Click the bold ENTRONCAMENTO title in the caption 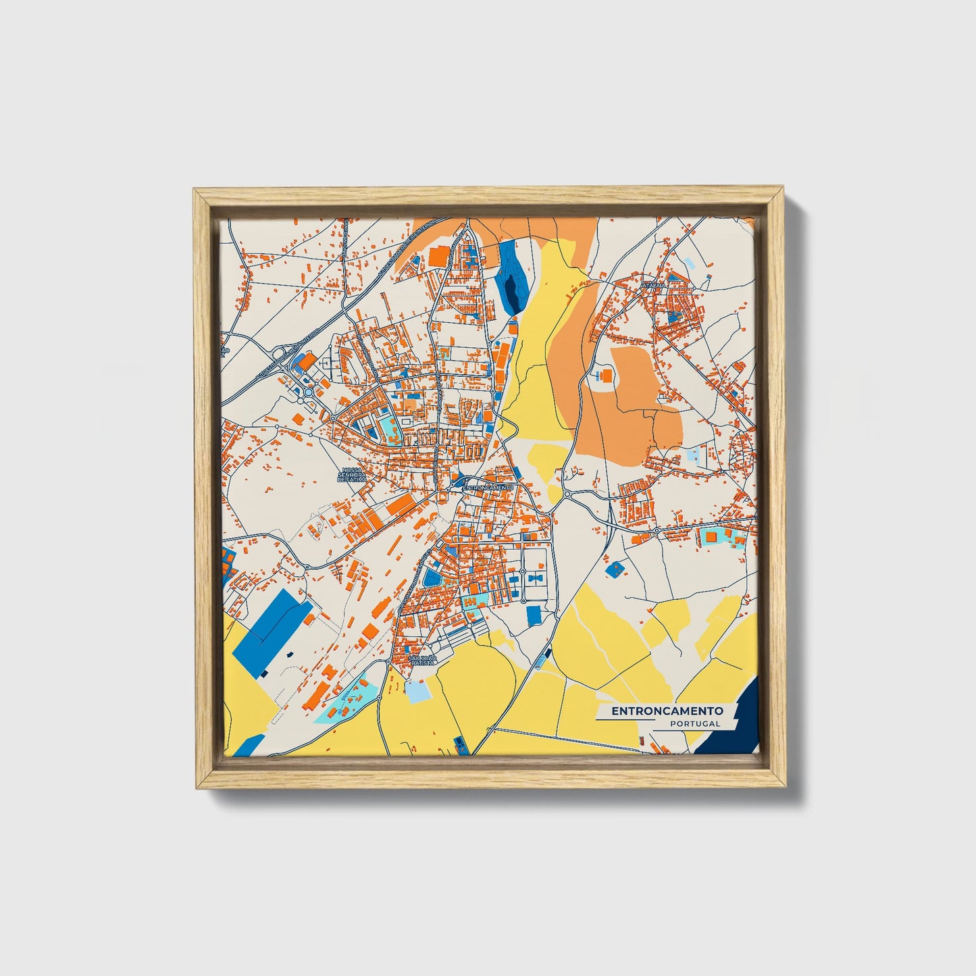[667, 711]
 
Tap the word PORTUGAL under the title [695, 723]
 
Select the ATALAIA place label [654, 286]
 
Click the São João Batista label [423, 661]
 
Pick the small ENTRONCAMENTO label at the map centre [489, 487]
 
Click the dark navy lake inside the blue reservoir [513, 292]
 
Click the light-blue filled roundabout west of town [309, 392]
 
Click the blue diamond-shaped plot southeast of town [614, 569]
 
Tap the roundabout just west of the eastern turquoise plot [657, 532]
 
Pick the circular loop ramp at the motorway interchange [278, 353]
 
